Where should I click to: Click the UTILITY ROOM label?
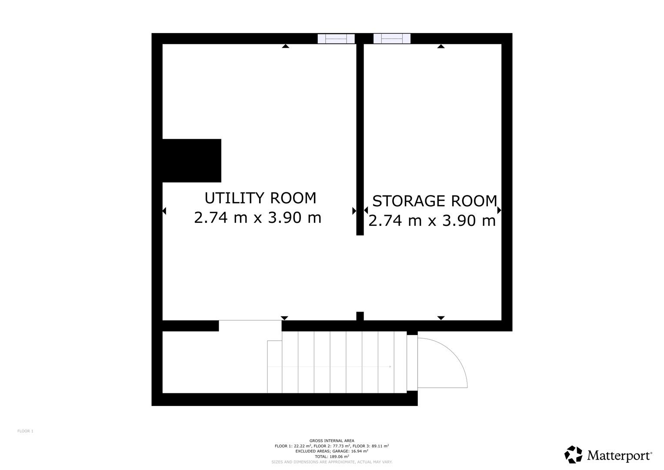pyautogui.click(x=260, y=198)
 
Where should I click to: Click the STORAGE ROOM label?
pyautogui.click(x=434, y=201)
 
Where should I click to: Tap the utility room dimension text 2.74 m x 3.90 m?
pyautogui.click(x=257, y=218)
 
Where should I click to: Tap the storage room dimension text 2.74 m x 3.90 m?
pyautogui.click(x=432, y=221)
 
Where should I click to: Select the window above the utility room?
pyautogui.click(x=336, y=39)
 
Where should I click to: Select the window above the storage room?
pyautogui.click(x=392, y=39)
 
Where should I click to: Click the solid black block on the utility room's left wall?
pyautogui.click(x=192, y=161)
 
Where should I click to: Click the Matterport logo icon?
pyautogui.click(x=573, y=454)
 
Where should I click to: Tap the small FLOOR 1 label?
pyautogui.click(x=26, y=431)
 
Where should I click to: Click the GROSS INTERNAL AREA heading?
pyautogui.click(x=332, y=441)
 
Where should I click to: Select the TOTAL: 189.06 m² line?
pyautogui.click(x=332, y=457)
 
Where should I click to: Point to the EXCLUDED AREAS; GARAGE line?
pyautogui.click(x=332, y=451)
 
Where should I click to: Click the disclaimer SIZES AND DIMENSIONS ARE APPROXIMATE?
pyautogui.click(x=332, y=462)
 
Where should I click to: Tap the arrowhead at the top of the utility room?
pyautogui.click(x=285, y=46)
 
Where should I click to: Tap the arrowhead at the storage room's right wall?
pyautogui.click(x=499, y=210)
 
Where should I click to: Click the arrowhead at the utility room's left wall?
pyautogui.click(x=164, y=211)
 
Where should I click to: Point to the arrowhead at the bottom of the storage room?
pyautogui.click(x=441, y=318)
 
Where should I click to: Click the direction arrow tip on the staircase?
pyautogui.click(x=390, y=367)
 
